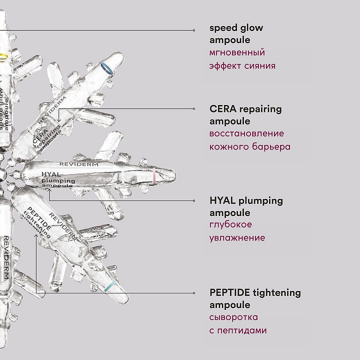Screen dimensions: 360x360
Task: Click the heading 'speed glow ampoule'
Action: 236,33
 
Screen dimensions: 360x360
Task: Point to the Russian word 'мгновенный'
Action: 237,52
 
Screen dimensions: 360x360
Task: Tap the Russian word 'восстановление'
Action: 246,134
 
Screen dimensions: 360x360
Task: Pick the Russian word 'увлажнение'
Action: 237,237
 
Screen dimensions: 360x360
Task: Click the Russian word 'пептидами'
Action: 242,330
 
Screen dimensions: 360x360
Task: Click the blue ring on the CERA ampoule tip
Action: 106,68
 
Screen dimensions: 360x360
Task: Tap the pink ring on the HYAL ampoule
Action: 155,175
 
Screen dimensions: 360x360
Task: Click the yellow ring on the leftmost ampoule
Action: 3,56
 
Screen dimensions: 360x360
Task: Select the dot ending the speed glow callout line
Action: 194,30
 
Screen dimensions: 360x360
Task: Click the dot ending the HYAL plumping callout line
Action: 194,200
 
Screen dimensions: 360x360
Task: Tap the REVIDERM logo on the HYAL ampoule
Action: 79,163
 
